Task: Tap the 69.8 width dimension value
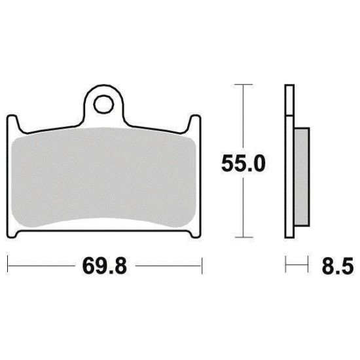coord(104,267)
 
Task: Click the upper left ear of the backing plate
coord(12,122)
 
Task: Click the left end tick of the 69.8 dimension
coord(7,266)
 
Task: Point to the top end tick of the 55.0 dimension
coord(243,84)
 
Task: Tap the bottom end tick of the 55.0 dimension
coord(243,237)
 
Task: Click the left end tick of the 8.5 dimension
coord(285,266)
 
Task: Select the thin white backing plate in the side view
coord(288,164)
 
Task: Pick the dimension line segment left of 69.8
coord(39,266)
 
